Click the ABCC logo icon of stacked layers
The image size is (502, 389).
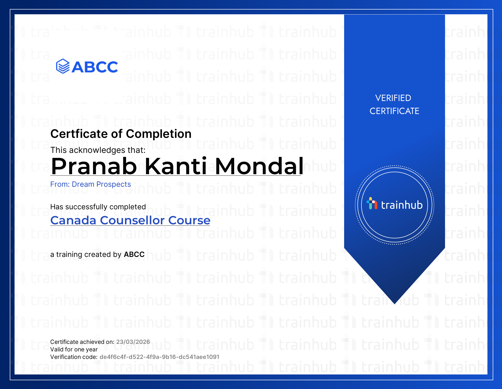pyautogui.click(x=63, y=66)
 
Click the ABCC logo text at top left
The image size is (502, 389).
pyautogui.click(x=95, y=67)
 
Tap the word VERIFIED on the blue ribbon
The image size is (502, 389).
pyautogui.click(x=393, y=98)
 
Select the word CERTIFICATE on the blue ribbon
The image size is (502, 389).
pyautogui.click(x=394, y=111)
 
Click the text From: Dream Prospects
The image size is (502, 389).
pyautogui.click(x=91, y=184)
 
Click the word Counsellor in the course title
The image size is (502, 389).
pyautogui.click(x=132, y=221)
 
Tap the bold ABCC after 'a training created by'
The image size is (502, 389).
pyautogui.click(x=134, y=254)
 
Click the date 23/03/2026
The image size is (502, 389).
pyautogui.click(x=133, y=342)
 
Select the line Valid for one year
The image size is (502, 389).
pyautogui.click(x=74, y=349)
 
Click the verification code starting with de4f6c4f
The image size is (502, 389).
pyautogui.click(x=159, y=357)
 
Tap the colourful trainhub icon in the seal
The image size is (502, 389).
pyautogui.click(x=372, y=203)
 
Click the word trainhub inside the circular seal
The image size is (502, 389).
pyautogui.click(x=402, y=205)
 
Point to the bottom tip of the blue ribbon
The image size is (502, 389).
pyautogui.click(x=395, y=304)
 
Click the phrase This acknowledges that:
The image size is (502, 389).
pyautogui.click(x=98, y=150)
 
